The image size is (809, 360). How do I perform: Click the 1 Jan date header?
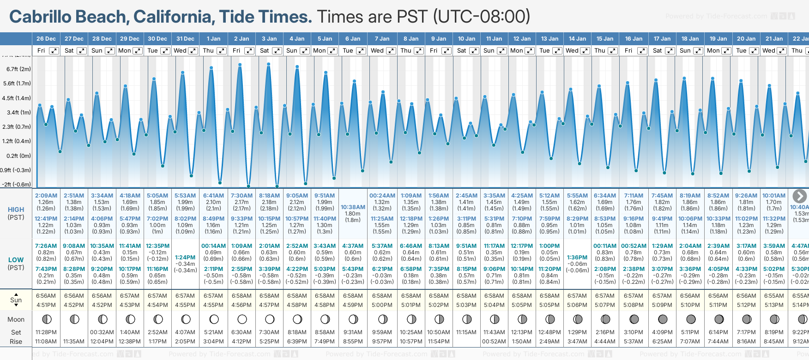pos(213,39)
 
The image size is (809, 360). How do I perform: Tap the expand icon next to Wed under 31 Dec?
pos(193,51)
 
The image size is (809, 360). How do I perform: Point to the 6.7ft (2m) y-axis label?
pos(19,69)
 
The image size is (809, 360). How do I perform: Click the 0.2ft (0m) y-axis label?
pos(19,156)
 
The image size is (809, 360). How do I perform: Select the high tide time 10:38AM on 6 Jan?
pos(353,207)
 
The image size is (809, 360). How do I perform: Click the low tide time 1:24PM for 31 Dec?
pos(185,258)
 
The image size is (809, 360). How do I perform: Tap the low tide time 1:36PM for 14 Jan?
pos(577,258)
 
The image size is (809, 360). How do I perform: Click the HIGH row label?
pos(16,210)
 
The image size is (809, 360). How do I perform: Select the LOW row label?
pos(16,260)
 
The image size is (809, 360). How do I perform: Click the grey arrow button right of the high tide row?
pos(799,196)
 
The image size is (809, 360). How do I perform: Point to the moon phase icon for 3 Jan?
pos(270,319)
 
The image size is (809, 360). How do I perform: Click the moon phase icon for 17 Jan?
pos(663,319)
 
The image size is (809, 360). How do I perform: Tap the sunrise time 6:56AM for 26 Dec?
pos(46,296)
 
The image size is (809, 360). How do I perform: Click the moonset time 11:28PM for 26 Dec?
pos(46,332)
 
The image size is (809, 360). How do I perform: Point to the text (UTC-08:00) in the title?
pos(482,17)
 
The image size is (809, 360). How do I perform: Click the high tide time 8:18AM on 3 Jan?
pos(269,196)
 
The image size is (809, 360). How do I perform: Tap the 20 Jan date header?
pos(746,39)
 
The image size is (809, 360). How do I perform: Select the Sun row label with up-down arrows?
pos(16,300)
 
